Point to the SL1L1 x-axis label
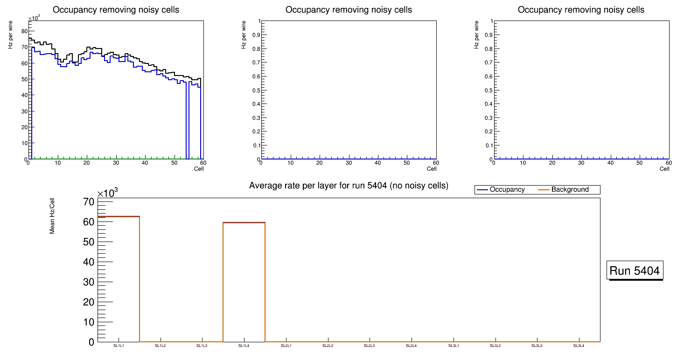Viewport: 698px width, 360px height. (x=119, y=346)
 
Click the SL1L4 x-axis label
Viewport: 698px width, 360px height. (x=244, y=346)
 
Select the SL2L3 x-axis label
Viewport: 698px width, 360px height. (x=370, y=346)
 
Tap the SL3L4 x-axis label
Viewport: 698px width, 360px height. (x=579, y=346)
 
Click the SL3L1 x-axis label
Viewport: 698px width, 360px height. (x=454, y=346)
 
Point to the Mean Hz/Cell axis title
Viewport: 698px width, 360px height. (x=52, y=215)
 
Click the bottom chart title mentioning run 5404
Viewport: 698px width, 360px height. (x=349, y=186)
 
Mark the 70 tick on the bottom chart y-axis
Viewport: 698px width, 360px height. (x=89, y=202)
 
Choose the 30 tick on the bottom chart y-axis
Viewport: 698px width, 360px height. (x=89, y=282)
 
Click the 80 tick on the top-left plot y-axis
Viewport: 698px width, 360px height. (x=25, y=31)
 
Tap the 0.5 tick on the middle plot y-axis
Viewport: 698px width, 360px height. (x=254, y=90)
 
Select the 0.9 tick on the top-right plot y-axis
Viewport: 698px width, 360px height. (x=487, y=35)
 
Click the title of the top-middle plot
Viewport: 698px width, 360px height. (x=349, y=10)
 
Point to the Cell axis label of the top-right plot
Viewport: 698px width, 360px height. (x=664, y=169)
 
